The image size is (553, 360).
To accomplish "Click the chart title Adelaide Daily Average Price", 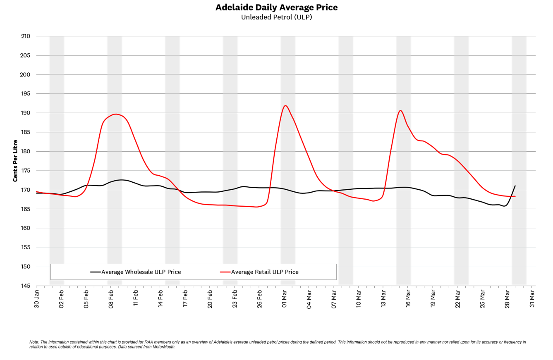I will coord(276,7).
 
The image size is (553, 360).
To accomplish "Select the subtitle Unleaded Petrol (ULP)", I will coord(276,17).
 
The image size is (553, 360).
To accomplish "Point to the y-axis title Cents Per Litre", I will coord(15,161).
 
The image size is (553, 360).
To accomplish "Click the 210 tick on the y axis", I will coord(25,36).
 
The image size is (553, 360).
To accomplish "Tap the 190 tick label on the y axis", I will coord(25,113).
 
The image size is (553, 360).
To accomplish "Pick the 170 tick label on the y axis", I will coord(25,190).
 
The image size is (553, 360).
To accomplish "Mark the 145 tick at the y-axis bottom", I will coord(25,286).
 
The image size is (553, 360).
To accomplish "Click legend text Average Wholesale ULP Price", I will coord(141,272).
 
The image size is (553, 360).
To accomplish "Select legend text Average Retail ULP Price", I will coord(265,272).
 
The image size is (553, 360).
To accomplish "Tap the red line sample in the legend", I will coord(225,272).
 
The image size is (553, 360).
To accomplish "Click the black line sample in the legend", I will coord(96,272).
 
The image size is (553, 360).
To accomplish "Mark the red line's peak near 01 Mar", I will coord(285,105).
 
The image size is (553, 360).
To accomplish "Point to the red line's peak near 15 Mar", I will coord(400,110).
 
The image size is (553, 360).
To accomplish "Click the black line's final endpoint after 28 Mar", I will coord(515,186).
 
